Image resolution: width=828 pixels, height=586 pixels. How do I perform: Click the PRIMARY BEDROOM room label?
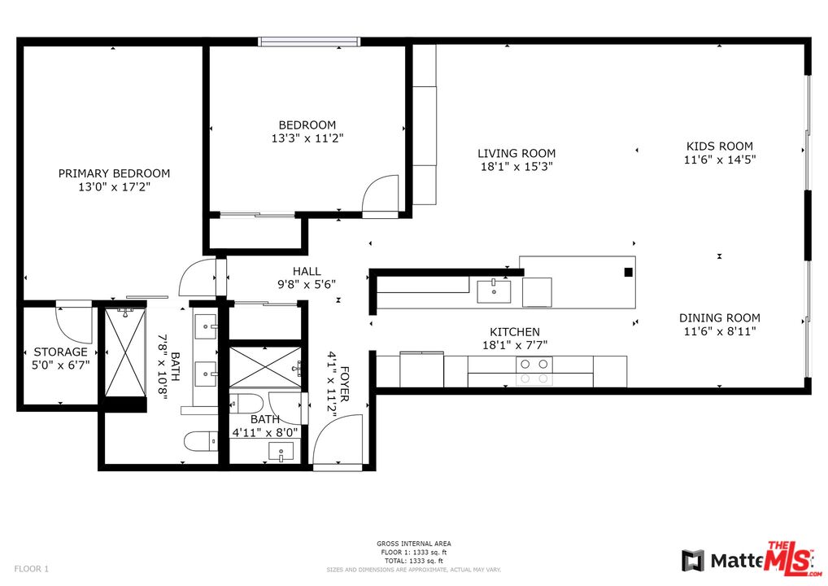click(114, 173)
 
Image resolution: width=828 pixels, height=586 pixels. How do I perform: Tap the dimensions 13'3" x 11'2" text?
click(307, 138)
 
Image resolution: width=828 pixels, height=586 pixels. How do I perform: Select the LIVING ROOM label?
click(516, 153)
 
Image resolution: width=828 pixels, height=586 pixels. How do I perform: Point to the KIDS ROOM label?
click(719, 146)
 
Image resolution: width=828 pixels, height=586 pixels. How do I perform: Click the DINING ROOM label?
click(720, 318)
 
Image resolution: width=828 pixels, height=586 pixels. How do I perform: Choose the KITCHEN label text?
click(514, 332)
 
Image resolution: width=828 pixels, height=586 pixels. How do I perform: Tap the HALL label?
click(307, 271)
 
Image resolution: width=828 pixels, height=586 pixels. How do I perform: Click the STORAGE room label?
click(60, 352)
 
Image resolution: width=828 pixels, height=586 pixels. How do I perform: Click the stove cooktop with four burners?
click(535, 371)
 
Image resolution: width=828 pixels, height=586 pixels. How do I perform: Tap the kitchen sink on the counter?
click(494, 291)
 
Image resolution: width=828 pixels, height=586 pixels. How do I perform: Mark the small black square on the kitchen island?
click(628, 273)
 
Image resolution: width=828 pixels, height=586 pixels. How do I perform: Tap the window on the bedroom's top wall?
click(309, 42)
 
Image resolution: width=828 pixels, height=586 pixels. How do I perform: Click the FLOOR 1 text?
click(32, 568)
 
